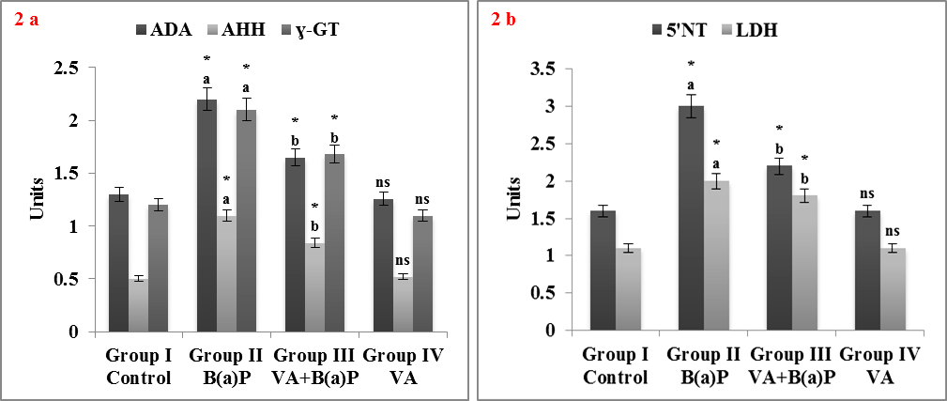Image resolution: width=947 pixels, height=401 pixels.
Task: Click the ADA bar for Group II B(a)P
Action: click(x=206, y=215)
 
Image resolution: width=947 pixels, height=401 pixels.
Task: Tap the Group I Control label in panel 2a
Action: click(x=138, y=369)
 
